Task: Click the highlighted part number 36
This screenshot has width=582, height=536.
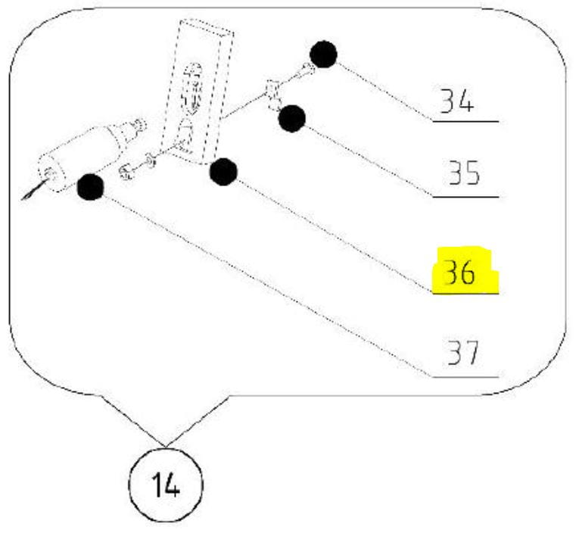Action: tap(461, 273)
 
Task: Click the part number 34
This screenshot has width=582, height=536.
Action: tap(459, 103)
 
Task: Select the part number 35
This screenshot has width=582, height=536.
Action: tap(460, 176)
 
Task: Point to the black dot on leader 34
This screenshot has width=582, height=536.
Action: tap(323, 55)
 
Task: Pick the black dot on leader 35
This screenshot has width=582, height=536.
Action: tap(291, 118)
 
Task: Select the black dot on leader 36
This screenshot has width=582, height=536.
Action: tap(223, 172)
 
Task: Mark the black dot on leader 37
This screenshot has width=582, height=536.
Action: tap(91, 186)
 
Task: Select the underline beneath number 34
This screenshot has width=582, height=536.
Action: tap(465, 121)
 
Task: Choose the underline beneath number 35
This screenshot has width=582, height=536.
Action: tap(465, 197)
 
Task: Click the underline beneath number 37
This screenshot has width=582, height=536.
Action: tap(465, 376)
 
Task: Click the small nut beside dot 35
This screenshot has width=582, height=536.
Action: tap(273, 97)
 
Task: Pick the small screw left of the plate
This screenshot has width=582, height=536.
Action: tap(129, 170)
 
